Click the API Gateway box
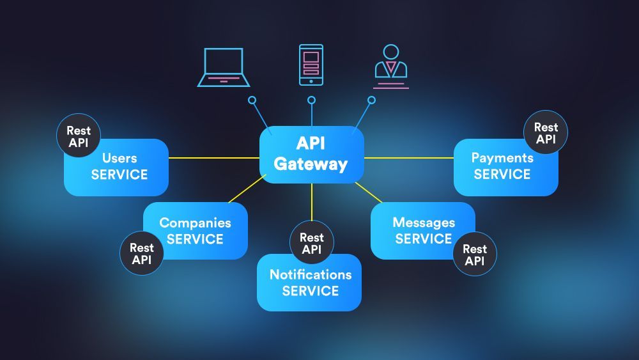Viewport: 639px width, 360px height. coord(311,154)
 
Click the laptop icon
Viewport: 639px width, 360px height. coord(223,67)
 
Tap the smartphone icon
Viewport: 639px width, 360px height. coord(311,65)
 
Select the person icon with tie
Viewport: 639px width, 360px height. coord(390,66)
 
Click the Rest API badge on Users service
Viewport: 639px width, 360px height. coord(79,136)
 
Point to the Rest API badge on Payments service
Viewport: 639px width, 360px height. coord(546,133)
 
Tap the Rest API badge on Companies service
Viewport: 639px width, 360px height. coord(141,253)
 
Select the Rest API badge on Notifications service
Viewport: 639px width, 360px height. coord(312,243)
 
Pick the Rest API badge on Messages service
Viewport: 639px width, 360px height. coord(475,254)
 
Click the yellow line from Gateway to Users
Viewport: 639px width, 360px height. coord(214,158)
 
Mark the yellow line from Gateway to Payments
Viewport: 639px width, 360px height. coord(409,157)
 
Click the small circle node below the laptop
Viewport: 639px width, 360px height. coord(252,100)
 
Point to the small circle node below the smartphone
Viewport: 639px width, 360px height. coord(311,100)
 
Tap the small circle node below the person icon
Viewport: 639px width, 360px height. coord(371,100)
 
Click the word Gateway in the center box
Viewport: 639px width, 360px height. coord(311,164)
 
